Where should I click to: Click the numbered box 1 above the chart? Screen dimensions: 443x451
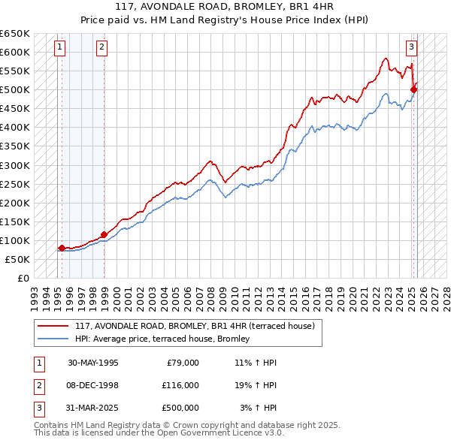click(x=59, y=47)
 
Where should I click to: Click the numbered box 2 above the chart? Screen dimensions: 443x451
click(x=101, y=47)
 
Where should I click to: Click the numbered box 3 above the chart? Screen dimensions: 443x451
click(x=412, y=47)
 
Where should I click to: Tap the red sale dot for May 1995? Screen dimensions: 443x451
click(x=62, y=248)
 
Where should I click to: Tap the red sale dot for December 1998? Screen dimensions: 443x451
click(x=104, y=234)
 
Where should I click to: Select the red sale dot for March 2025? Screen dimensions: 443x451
click(x=414, y=90)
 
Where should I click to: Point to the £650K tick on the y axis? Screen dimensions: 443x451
click(x=15, y=34)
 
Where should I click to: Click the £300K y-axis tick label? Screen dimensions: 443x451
click(x=15, y=165)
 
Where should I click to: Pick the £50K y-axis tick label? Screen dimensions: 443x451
click(x=18, y=259)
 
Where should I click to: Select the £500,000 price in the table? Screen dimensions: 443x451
click(x=180, y=408)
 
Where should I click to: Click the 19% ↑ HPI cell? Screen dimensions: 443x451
click(x=256, y=385)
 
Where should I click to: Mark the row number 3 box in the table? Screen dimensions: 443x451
click(x=38, y=408)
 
